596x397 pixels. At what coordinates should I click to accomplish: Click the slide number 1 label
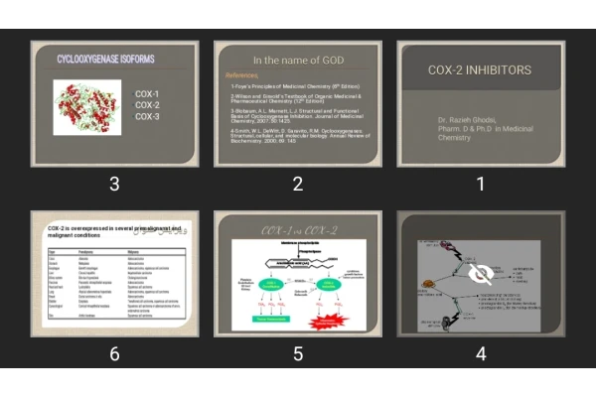tap(481, 184)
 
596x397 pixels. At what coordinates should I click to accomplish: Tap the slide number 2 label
tap(297, 184)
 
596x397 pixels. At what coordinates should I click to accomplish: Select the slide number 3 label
tap(114, 184)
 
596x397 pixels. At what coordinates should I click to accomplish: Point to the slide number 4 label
tap(481, 353)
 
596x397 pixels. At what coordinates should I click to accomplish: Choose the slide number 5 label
tap(297, 353)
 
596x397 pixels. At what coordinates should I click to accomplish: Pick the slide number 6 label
tap(114, 353)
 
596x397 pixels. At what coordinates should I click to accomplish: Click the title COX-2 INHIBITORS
tap(480, 70)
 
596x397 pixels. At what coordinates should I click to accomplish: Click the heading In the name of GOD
tap(297, 61)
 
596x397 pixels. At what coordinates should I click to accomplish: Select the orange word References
tap(242, 75)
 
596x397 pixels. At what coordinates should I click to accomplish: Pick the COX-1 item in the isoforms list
tap(147, 94)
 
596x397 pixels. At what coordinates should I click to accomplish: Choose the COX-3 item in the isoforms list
tap(147, 117)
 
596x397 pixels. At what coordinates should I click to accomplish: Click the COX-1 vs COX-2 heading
tap(297, 230)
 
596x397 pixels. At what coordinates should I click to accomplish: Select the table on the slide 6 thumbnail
tap(114, 289)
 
